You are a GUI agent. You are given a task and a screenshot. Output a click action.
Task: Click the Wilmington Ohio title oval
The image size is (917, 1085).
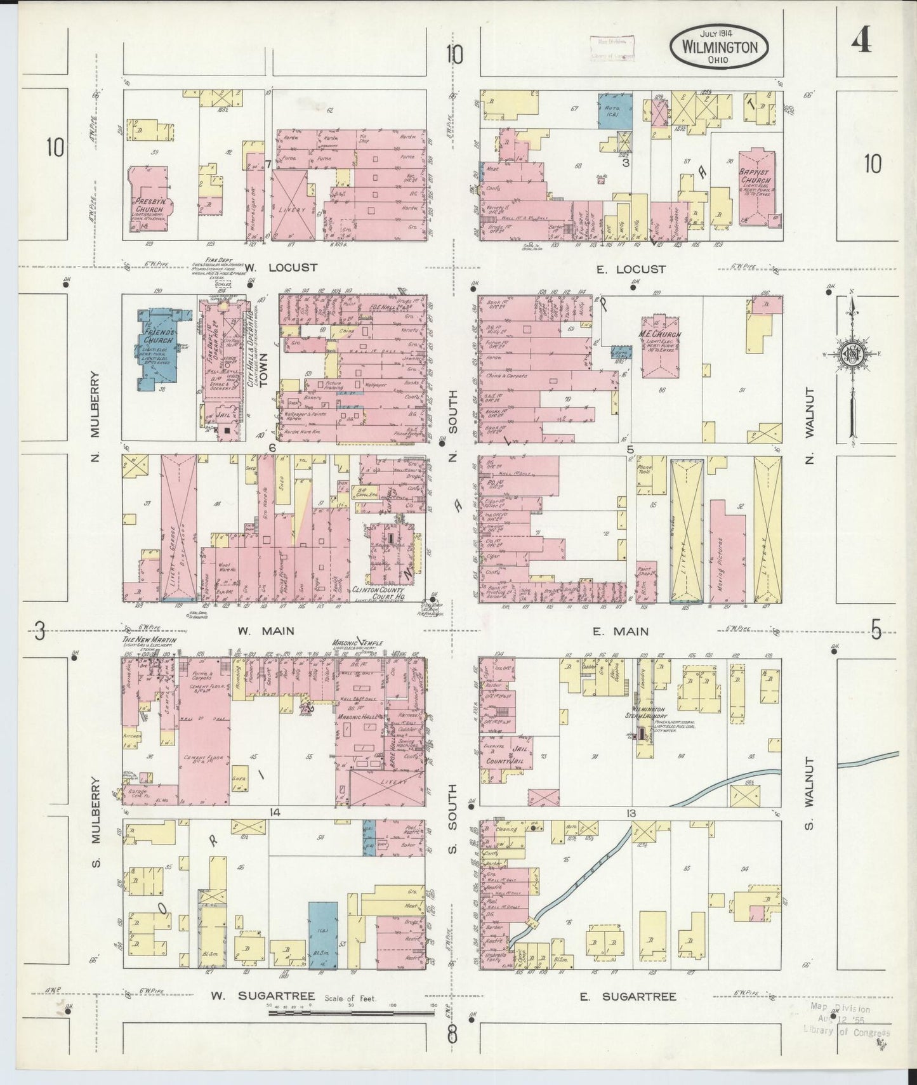[719, 48]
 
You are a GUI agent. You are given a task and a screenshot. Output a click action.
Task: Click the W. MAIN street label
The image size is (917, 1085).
[257, 631]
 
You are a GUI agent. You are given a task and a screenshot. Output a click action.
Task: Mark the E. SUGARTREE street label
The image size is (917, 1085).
[627, 997]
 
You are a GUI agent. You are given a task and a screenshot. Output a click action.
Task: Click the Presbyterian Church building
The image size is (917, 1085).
[150, 202]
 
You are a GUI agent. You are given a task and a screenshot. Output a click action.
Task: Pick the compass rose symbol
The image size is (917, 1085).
[853, 353]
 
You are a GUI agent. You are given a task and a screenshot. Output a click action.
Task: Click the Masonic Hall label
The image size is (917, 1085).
[358, 717]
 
